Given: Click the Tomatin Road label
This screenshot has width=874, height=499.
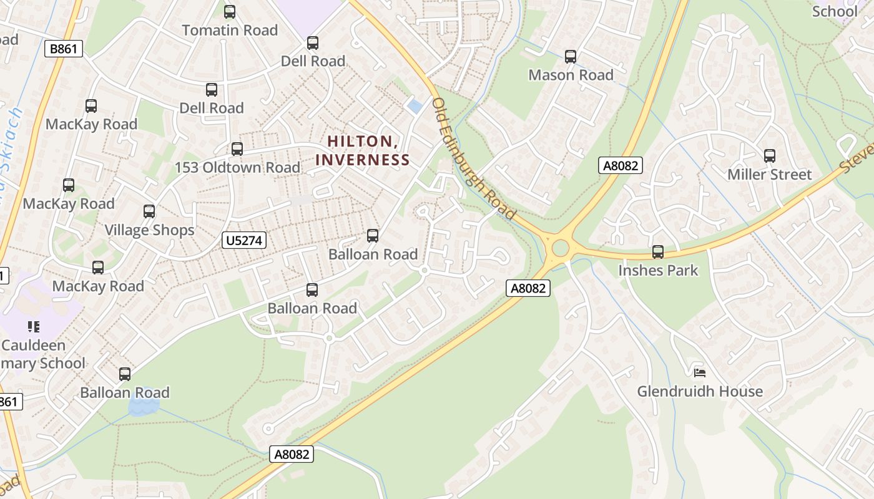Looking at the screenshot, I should tap(229, 30).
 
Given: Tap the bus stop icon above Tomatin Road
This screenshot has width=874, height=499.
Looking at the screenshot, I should tap(230, 11).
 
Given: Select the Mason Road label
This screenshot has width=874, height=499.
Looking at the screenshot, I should tap(571, 75).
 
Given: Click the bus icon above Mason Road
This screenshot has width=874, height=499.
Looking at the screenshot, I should tap(570, 57).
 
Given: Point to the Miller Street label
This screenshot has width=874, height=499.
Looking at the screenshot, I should tap(769, 175).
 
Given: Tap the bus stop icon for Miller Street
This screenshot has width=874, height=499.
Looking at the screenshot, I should tap(769, 156).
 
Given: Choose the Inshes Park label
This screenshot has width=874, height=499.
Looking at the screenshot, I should tap(658, 271).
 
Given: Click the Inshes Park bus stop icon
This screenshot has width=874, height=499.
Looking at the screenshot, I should tap(658, 252).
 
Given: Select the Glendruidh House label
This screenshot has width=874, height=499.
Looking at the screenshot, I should tap(699, 392).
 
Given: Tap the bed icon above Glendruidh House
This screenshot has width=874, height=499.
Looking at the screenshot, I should tap(700, 373).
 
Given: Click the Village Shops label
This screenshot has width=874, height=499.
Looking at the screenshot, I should tap(149, 230).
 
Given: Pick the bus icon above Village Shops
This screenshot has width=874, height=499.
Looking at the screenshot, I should tap(149, 211).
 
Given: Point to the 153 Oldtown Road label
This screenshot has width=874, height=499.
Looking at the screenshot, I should tap(237, 168).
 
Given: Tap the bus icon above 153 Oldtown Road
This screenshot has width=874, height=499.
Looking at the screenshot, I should tap(237, 149).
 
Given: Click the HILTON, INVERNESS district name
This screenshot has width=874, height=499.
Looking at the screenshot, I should tap(363, 150).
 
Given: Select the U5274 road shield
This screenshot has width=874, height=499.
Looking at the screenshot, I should tap(244, 240).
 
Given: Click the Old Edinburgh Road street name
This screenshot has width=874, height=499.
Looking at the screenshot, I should tap(474, 158).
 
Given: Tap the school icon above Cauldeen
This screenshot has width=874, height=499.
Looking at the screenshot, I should tap(34, 326).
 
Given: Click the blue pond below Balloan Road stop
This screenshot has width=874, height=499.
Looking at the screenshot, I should tap(143, 407).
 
